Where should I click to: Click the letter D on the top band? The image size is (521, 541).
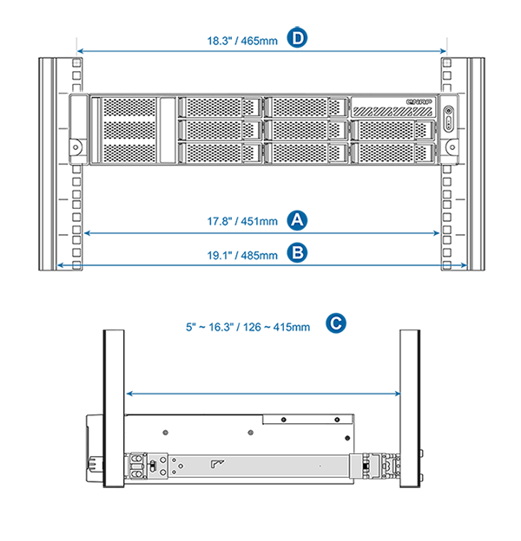(x=298, y=38)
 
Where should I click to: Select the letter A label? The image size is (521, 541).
(x=297, y=220)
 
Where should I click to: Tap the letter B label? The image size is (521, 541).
(x=297, y=253)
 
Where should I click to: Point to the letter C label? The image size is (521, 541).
(x=336, y=323)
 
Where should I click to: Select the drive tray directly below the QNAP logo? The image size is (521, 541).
(x=393, y=129)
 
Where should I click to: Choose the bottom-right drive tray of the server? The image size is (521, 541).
(x=393, y=151)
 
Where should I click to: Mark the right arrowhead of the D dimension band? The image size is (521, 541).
(x=442, y=50)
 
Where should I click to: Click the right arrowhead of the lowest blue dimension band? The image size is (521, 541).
(x=400, y=394)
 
